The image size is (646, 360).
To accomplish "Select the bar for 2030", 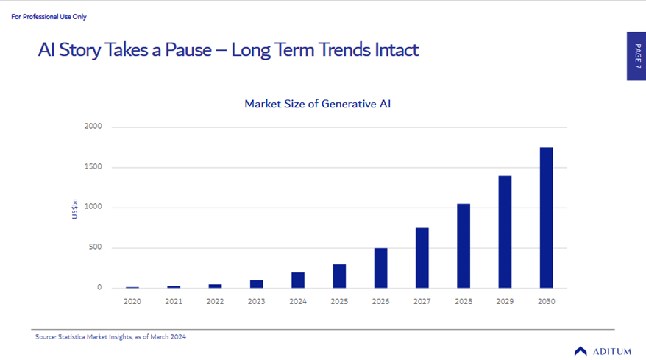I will [546, 218].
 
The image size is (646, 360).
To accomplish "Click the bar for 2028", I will [464, 246].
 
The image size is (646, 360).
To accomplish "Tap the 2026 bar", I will [380, 268].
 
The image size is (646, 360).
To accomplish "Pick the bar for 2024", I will [298, 280].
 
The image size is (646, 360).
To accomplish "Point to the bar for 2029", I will [505, 232].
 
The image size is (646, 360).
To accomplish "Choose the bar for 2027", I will [422, 258].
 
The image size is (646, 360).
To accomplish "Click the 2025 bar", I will [339, 276].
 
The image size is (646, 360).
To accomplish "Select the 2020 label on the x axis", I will [132, 301].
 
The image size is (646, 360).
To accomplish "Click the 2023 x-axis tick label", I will [256, 301].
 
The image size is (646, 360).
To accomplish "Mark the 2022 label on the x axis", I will [215, 301].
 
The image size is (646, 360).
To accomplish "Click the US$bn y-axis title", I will [75, 208].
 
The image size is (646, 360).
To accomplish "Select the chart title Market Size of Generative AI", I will [317, 104].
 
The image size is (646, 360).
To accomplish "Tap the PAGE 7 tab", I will [636, 56].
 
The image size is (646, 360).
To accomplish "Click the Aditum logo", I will [602, 351].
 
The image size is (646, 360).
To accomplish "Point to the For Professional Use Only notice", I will [49, 16].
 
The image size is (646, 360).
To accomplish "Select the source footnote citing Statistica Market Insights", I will [110, 337].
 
